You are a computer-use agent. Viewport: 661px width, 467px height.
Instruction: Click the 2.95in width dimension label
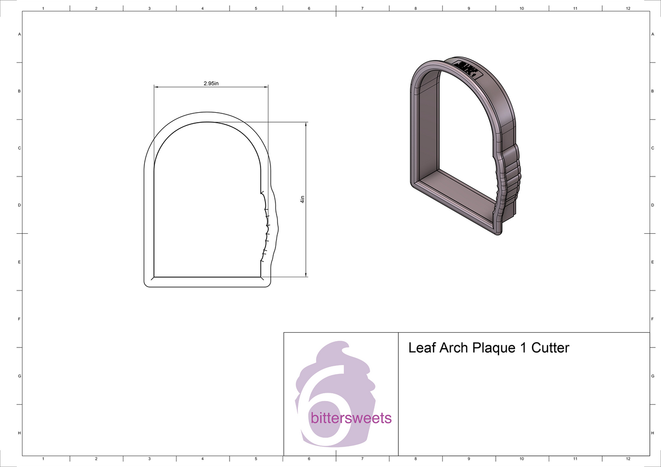pyautogui.click(x=212, y=83)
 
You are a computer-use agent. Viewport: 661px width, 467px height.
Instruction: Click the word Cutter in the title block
pyautogui.click(x=550, y=348)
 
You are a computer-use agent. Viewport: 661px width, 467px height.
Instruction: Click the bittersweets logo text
pyautogui.click(x=351, y=418)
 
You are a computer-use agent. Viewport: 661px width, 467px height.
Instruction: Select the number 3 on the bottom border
pyautogui.click(x=149, y=458)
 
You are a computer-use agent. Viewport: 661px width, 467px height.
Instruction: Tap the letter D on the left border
pyautogui.click(x=20, y=205)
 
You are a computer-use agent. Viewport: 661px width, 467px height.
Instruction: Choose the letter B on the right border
pyautogui.click(x=652, y=91)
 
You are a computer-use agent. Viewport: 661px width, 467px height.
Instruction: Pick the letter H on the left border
pyautogui.click(x=20, y=433)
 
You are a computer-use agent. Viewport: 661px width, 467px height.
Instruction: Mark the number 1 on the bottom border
pyautogui.click(x=43, y=458)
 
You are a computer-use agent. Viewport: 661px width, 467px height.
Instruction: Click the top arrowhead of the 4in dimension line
pyautogui.click(x=306, y=125)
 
